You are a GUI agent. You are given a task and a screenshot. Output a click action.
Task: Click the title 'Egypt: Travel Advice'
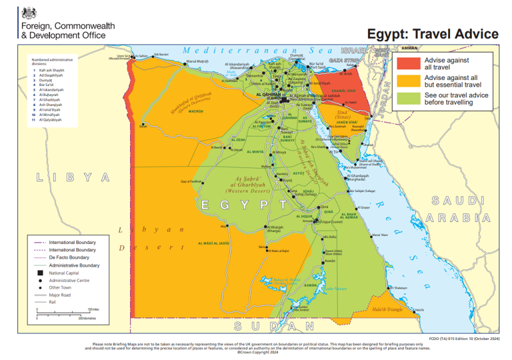click(x=432, y=33)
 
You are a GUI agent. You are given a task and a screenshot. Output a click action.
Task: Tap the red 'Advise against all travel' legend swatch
click(x=408, y=63)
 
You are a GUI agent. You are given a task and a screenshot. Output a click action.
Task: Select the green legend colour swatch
click(x=408, y=99)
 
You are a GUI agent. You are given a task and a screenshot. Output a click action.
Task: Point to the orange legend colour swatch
click(x=408, y=81)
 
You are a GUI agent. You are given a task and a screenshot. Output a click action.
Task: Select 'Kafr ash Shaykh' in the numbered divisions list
click(x=51, y=70)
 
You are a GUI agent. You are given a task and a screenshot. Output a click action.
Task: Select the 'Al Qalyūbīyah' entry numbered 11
click(x=51, y=120)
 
